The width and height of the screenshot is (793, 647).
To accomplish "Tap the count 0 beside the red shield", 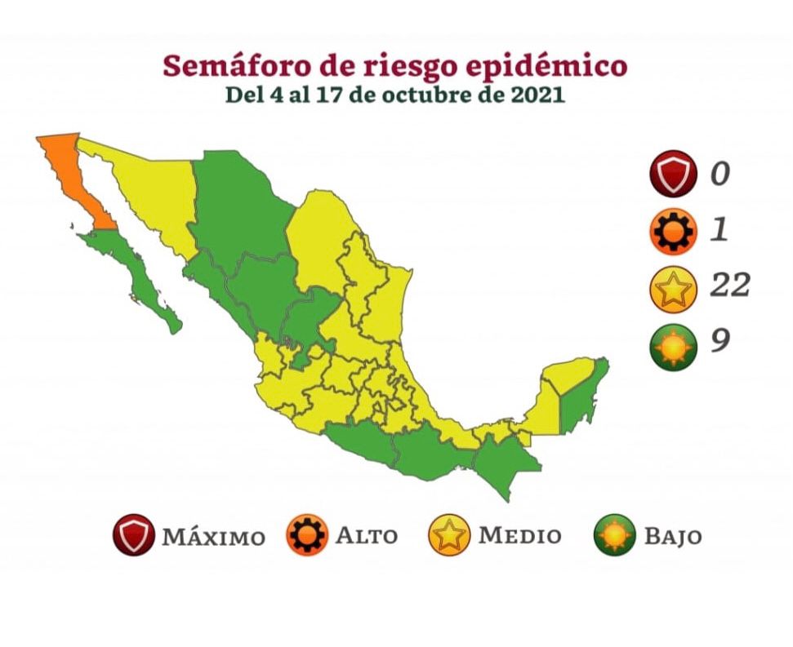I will (x=719, y=174).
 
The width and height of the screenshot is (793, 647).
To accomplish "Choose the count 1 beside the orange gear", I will (x=719, y=230).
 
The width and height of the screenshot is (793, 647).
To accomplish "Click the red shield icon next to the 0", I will (x=674, y=174).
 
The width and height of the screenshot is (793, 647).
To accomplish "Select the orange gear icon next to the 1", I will (x=674, y=232).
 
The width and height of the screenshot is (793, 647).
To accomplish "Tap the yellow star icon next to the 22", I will (x=674, y=289).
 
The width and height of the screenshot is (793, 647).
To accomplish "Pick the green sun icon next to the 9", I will (x=674, y=346).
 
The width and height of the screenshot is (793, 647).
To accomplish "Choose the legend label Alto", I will (x=367, y=536).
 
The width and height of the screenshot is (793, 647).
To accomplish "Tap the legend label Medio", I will (x=520, y=536).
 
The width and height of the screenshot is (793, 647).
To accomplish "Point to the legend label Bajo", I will (x=672, y=536).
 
